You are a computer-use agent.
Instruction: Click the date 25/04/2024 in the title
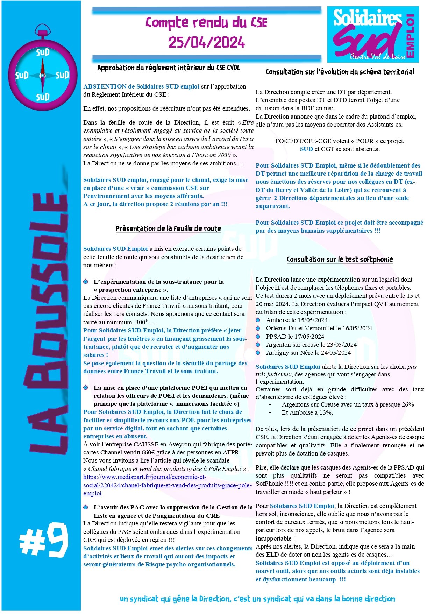click(206, 43)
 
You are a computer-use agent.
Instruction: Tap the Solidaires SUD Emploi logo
click(373, 34)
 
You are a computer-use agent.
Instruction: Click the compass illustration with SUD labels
click(42, 70)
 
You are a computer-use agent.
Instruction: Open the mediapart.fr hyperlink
click(167, 485)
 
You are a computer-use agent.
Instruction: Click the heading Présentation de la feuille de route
click(168, 229)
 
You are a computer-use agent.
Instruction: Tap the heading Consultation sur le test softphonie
click(340, 260)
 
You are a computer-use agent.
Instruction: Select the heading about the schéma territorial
click(340, 72)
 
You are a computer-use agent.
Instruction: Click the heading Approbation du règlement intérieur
click(168, 68)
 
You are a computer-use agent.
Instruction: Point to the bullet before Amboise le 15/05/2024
click(258, 320)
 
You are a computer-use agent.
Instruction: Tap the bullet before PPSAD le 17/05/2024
click(258, 337)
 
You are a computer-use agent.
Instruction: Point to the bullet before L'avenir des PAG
click(86, 507)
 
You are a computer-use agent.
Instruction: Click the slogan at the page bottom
click(257, 599)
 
